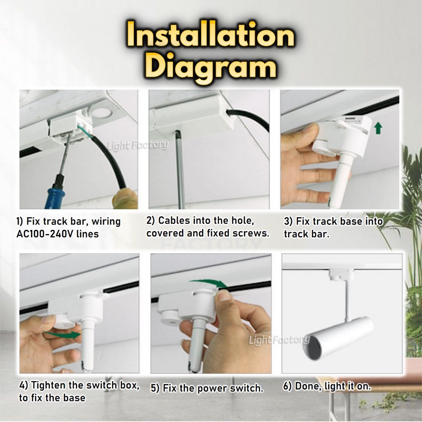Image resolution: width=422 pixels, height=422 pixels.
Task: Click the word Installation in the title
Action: pos(211,35)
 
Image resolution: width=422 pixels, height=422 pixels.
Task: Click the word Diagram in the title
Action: pos(212,67)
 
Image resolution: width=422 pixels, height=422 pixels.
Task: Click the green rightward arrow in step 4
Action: pos(63,335)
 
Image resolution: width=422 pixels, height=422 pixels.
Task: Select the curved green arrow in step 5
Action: pos(209,283)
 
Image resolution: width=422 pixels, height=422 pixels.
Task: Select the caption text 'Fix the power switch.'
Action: pos(213,388)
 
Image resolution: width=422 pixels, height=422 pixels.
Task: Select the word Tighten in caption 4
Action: pos(48,385)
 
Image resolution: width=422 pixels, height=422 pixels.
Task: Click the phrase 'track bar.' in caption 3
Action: pos(307,234)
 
